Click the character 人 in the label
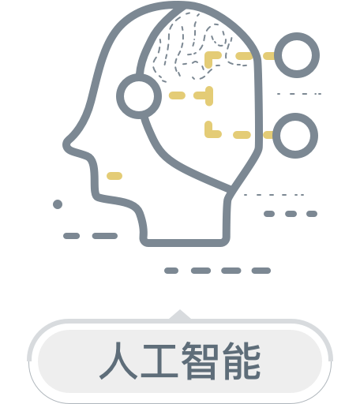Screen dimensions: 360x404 118,361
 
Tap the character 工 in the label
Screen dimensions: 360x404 159,361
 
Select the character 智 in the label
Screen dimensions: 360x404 200,361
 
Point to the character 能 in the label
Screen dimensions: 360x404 242,361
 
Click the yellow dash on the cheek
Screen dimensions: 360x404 114,176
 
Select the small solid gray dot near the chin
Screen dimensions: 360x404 58,204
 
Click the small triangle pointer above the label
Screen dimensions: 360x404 180,315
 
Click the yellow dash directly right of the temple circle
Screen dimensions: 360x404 177,95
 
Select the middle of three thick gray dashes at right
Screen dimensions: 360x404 291,214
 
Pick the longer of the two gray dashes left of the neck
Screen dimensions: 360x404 105,236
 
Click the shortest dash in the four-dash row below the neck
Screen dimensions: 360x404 171,271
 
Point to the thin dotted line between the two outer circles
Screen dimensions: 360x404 299,94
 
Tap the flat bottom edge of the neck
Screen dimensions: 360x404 185,243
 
